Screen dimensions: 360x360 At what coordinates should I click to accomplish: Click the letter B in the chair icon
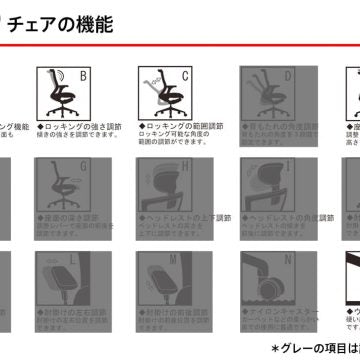click(83, 76)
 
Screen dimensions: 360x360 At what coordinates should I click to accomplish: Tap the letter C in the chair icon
click(185, 76)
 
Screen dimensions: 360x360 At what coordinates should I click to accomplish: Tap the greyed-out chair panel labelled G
click(65, 185)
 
